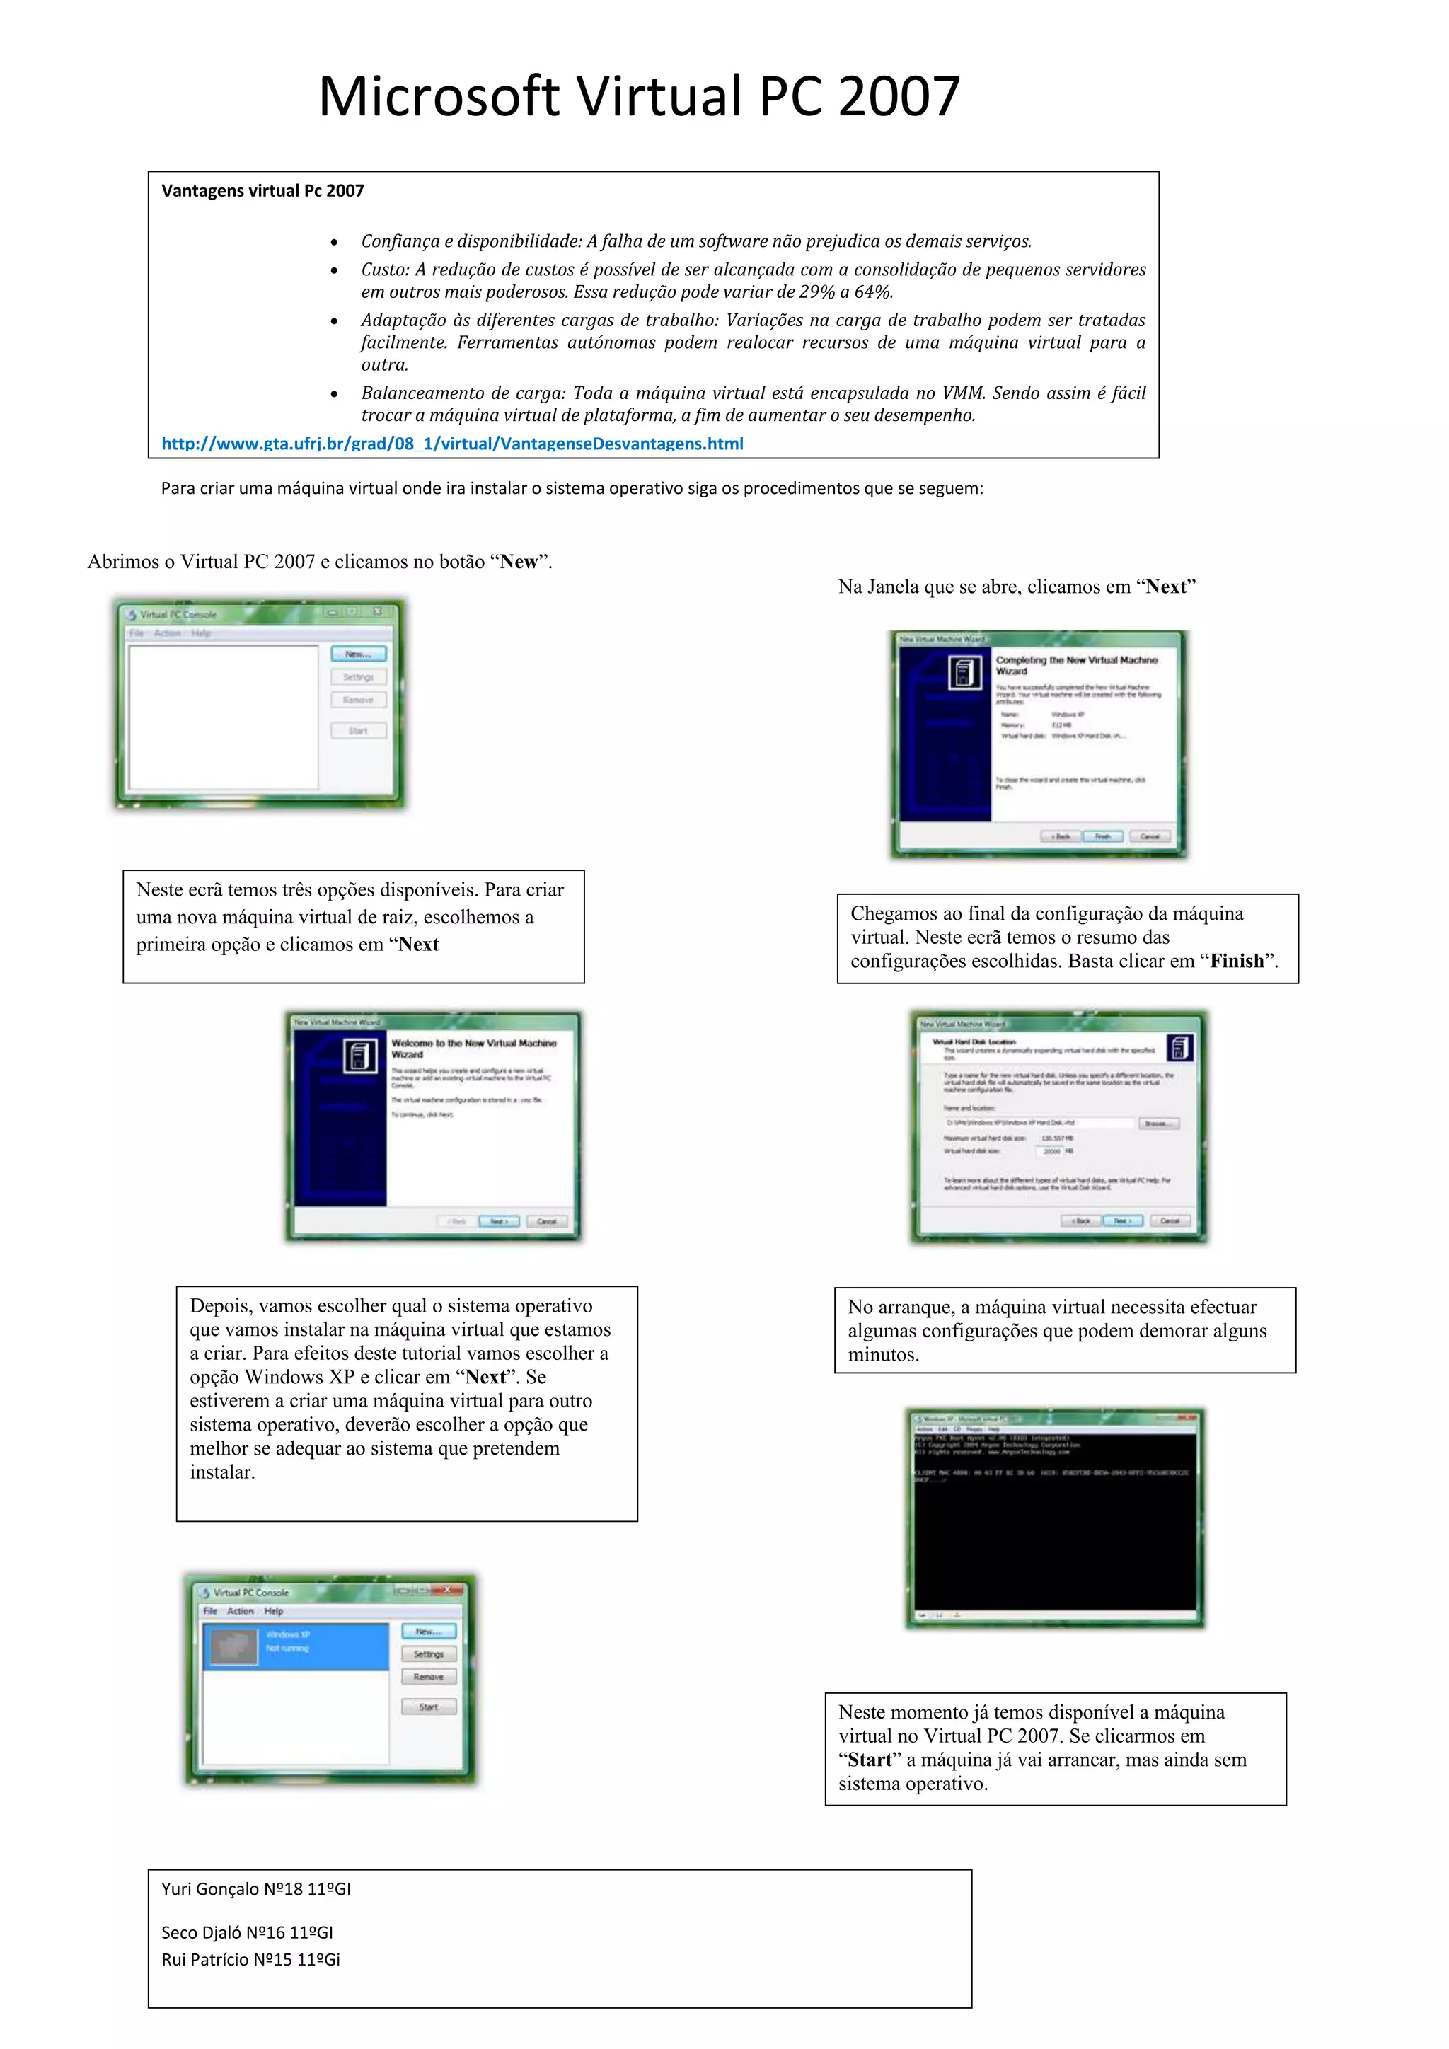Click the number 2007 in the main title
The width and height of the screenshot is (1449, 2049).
coord(899,96)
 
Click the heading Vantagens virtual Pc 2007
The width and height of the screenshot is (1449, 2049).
coord(262,191)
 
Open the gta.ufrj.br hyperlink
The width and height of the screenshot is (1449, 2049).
coord(451,444)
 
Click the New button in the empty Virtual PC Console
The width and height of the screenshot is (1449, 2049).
coord(359,654)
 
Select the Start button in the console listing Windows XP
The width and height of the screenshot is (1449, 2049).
coord(428,1707)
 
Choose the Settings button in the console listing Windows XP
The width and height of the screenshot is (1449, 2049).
coord(428,1654)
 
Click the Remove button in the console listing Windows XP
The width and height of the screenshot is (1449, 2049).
coord(428,1677)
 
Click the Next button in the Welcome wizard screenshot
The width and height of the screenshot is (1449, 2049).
coord(499,1220)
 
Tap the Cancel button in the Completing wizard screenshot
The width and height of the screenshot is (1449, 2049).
coord(1149,836)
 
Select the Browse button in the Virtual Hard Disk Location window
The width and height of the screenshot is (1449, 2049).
coord(1158,1123)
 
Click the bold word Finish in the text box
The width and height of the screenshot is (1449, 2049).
coord(1237,961)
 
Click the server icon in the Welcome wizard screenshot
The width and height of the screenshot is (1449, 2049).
coord(360,1056)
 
